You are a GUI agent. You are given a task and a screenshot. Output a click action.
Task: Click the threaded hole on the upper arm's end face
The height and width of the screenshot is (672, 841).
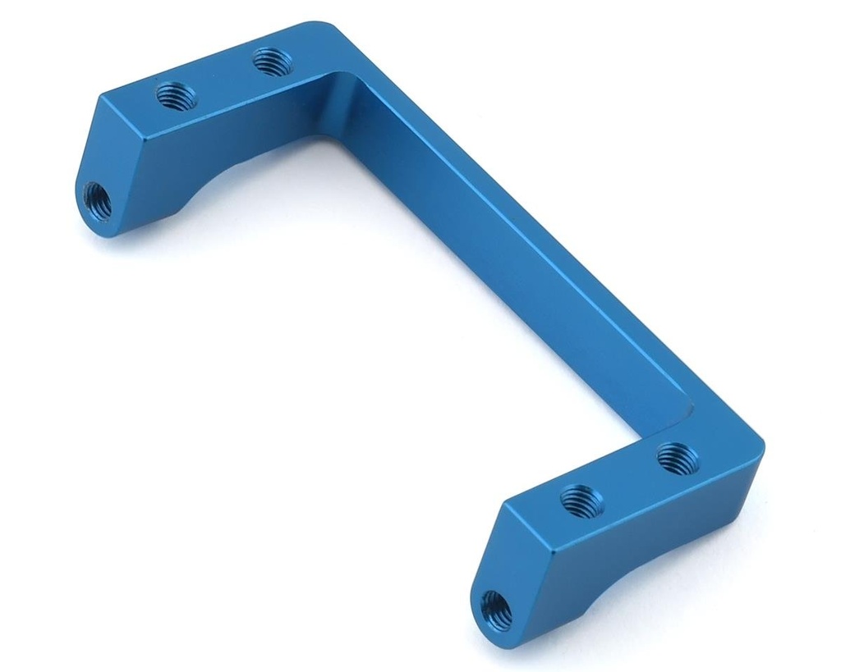(x=98, y=199)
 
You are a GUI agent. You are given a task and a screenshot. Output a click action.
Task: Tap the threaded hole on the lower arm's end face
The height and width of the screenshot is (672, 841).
(x=495, y=608)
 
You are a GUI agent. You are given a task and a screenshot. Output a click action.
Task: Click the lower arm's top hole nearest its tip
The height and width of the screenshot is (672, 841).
(x=581, y=498)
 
